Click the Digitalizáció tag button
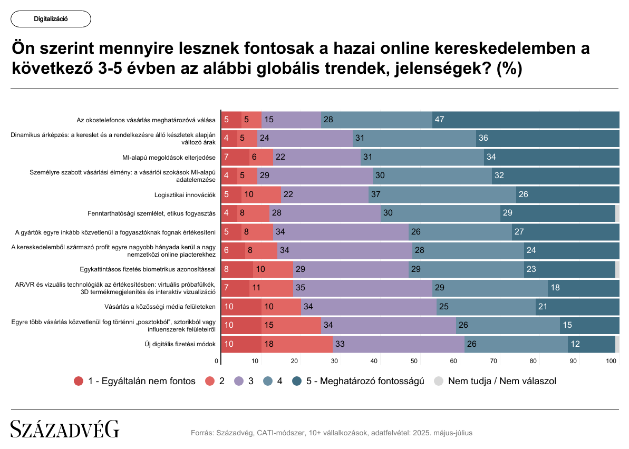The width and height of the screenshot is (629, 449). point(51,19)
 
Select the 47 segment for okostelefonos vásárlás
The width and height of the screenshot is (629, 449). point(526,120)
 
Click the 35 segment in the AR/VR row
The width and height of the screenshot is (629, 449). point(362,288)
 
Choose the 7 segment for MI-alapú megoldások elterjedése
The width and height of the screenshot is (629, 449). point(235,157)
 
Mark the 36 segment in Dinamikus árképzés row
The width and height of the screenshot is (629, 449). point(547,139)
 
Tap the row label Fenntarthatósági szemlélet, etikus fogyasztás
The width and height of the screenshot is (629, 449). point(152,213)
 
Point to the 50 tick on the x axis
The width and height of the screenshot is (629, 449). point(414,361)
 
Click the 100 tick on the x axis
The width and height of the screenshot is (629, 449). point(611,361)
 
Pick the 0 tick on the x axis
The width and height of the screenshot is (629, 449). point(217,361)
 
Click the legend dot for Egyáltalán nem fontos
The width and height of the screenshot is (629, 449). point(79,381)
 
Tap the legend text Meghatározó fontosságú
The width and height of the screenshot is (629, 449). point(371,381)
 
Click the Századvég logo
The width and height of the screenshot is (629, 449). point(65,429)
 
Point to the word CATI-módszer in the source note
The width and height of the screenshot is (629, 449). point(284,433)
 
